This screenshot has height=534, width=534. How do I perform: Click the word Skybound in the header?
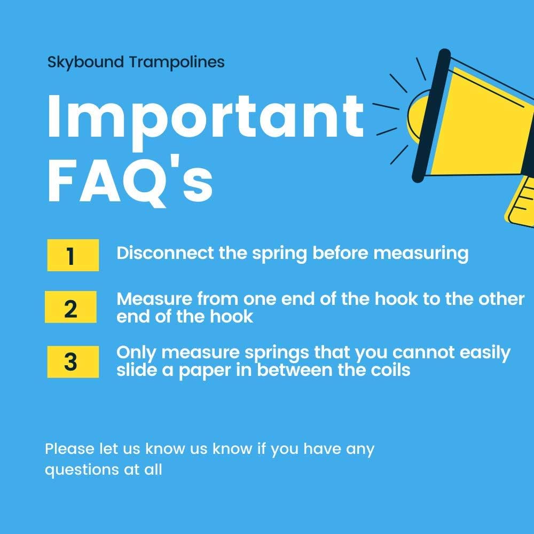pos(85,62)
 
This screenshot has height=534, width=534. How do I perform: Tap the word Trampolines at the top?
pos(177,62)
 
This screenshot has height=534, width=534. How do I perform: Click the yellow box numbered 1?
pos(73,255)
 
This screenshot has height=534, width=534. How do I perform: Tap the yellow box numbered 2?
pos(70,307)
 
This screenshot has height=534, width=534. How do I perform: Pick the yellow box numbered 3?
pos(73,362)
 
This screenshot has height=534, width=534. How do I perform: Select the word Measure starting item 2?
pos(154,299)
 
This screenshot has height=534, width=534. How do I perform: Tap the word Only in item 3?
pos(136,353)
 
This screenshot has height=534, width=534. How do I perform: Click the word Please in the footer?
pos(69,449)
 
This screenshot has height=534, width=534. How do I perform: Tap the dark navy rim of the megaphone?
pos(431,116)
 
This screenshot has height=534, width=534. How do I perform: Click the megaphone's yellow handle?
pos(520,202)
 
